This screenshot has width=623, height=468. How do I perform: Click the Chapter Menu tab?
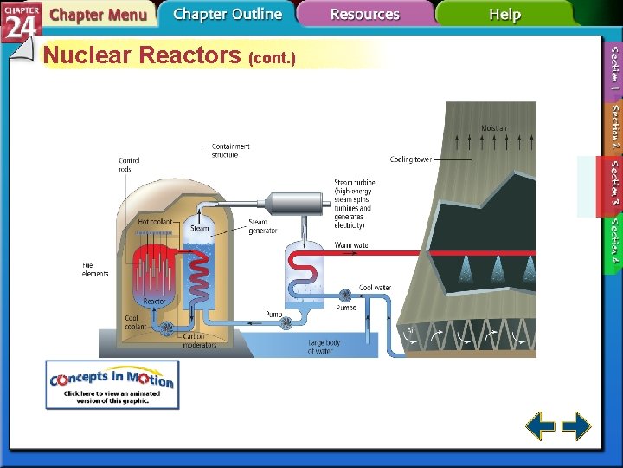97,15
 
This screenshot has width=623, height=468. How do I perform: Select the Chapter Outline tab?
227,14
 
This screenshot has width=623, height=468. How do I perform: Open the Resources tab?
364,15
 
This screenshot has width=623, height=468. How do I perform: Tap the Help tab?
504,14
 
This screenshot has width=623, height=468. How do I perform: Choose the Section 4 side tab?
613,241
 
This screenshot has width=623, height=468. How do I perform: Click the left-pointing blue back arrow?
541,426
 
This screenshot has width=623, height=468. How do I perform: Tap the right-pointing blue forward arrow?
576,426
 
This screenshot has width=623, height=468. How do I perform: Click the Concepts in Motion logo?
112,385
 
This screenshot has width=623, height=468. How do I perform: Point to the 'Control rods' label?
131,165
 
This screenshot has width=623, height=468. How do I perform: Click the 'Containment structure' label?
231,151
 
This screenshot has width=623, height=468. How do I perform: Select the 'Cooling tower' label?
410,159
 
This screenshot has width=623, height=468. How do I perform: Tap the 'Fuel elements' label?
95,270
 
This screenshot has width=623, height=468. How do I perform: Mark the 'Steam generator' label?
263,227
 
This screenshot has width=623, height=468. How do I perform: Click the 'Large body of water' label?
324,347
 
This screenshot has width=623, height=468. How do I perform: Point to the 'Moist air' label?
494,128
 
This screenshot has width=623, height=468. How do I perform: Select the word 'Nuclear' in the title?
87,56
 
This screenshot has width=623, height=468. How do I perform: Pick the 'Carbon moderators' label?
199,340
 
